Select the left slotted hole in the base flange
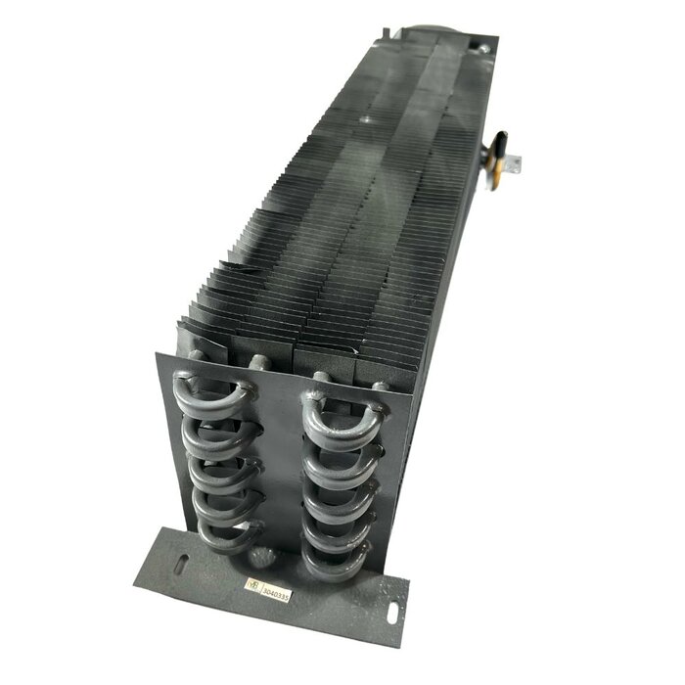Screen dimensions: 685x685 click(x=183, y=565)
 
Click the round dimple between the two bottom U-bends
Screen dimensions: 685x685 click(x=261, y=556)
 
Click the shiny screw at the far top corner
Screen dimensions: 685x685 click(x=482, y=45)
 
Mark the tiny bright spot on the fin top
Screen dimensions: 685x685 click(x=363, y=119)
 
